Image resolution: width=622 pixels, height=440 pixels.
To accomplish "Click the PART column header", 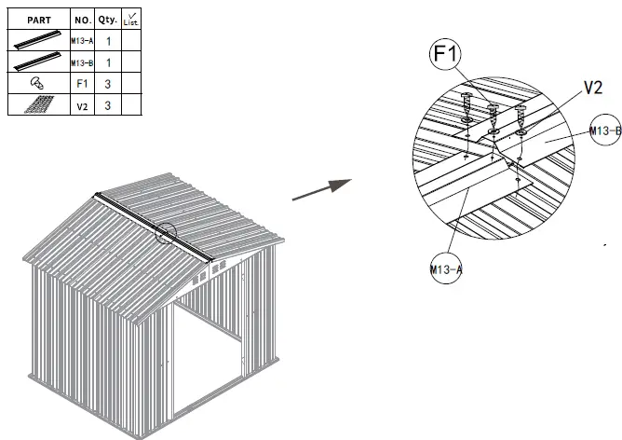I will (x=38, y=18).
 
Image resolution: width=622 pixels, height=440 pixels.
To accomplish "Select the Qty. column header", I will (x=108, y=18).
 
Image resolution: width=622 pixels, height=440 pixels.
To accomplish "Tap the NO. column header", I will (x=82, y=18).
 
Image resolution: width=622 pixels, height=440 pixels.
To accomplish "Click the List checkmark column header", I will (x=130, y=18).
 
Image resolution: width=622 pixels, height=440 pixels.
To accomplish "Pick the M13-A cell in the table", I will (x=82, y=41).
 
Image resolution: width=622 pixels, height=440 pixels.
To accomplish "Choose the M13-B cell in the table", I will (x=82, y=62).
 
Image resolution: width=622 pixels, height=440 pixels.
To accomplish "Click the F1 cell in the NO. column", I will (x=82, y=85).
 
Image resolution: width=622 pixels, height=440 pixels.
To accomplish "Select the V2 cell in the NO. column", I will (x=82, y=106).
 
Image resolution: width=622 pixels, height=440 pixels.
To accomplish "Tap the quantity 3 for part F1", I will (x=108, y=85).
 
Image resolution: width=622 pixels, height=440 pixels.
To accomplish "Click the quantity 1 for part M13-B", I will (x=108, y=62).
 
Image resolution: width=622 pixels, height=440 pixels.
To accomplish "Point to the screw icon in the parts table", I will (x=37, y=85).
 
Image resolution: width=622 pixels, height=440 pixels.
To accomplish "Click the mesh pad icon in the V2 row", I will (x=37, y=106).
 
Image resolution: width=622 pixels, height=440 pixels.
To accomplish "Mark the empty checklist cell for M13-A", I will (x=130, y=41).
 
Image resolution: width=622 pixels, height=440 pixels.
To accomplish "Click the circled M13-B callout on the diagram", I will (x=605, y=131).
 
